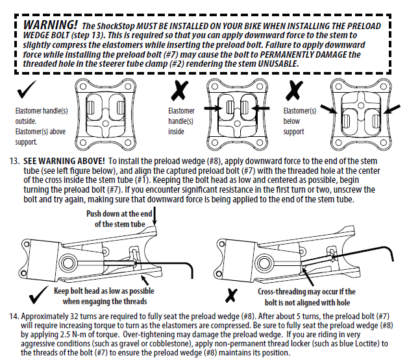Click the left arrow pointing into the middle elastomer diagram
tap(210, 104)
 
